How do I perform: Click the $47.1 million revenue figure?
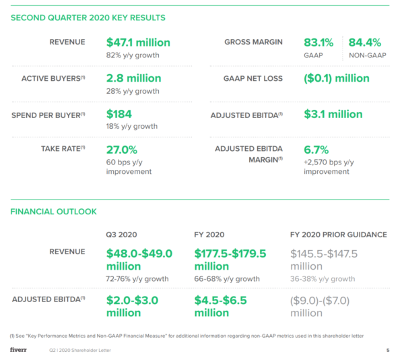(x=138, y=42)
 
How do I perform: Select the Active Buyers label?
(x=53, y=78)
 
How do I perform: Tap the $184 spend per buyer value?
(x=119, y=114)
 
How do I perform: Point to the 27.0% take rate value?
(x=122, y=150)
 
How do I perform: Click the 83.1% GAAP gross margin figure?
(x=318, y=42)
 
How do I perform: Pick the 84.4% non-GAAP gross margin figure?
(x=364, y=42)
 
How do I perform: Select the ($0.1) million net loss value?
(x=337, y=78)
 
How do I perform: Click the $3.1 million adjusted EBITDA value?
(x=333, y=114)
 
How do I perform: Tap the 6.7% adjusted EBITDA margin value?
(x=316, y=150)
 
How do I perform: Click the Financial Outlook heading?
(x=53, y=212)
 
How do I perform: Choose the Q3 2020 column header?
(x=121, y=235)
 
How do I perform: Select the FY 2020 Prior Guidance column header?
(x=339, y=235)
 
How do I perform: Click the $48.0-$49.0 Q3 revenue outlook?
(x=139, y=260)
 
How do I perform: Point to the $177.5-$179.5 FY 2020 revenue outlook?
(x=230, y=260)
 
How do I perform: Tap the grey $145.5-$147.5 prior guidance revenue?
(x=324, y=260)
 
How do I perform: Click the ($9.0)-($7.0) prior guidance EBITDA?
(x=320, y=307)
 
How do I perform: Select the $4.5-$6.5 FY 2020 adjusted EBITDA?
(x=221, y=307)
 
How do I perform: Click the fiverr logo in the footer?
(x=18, y=350)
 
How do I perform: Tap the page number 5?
(x=388, y=350)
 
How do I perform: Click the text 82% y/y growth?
(x=133, y=55)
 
